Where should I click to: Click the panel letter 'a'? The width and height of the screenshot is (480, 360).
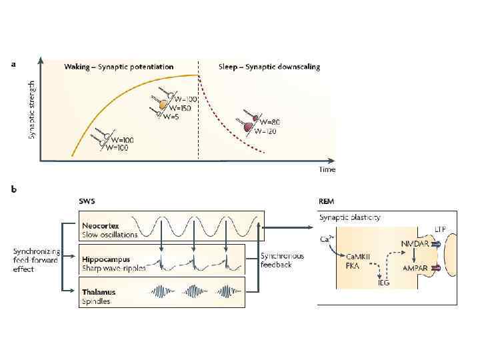coord(14,65)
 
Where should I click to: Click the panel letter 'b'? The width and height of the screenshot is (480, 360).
coord(14,189)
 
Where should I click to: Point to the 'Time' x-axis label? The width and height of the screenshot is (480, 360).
coord(327,169)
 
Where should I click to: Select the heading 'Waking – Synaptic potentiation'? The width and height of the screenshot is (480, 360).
coord(119,67)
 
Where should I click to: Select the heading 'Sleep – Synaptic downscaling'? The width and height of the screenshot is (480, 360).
coord(269,67)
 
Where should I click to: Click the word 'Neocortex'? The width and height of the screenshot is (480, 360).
coord(101,225)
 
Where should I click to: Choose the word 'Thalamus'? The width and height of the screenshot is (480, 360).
coord(98,291)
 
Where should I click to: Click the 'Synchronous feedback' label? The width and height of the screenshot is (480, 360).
coord(282,261)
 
